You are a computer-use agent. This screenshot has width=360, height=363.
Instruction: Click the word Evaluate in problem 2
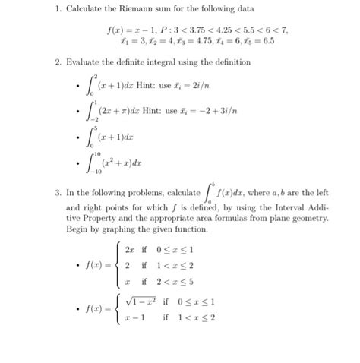coord(83,61)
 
